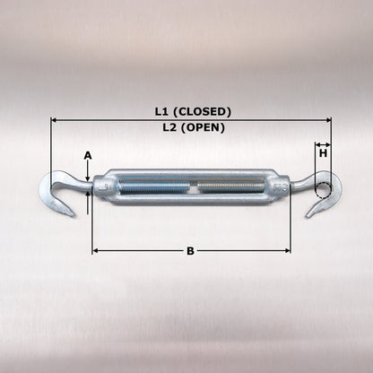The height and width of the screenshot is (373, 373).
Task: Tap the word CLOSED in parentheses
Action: click(x=203, y=112)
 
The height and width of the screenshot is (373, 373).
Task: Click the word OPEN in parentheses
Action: click(x=203, y=127)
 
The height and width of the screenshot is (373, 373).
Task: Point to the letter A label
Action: click(x=88, y=156)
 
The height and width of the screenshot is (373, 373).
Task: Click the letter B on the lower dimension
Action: click(x=190, y=251)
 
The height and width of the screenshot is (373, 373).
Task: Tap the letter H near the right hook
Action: click(x=323, y=153)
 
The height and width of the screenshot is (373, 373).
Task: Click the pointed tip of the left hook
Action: click(x=73, y=215)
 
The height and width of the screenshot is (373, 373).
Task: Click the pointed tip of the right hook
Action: click(x=307, y=216)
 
